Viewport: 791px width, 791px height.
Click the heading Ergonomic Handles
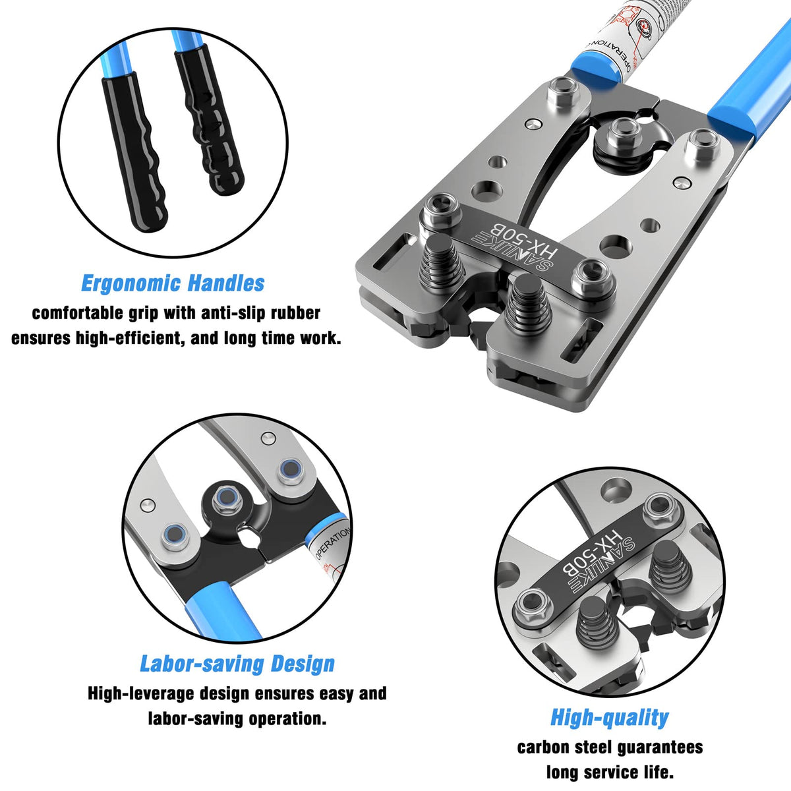[x=172, y=283]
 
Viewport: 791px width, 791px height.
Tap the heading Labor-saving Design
[x=237, y=664]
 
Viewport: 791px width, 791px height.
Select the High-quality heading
[x=609, y=717]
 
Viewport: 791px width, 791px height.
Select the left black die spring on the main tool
[x=442, y=266]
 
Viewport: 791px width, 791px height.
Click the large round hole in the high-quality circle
[x=616, y=490]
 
